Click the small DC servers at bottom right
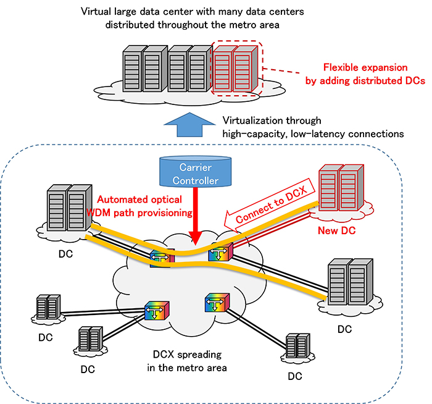tap(297, 350)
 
